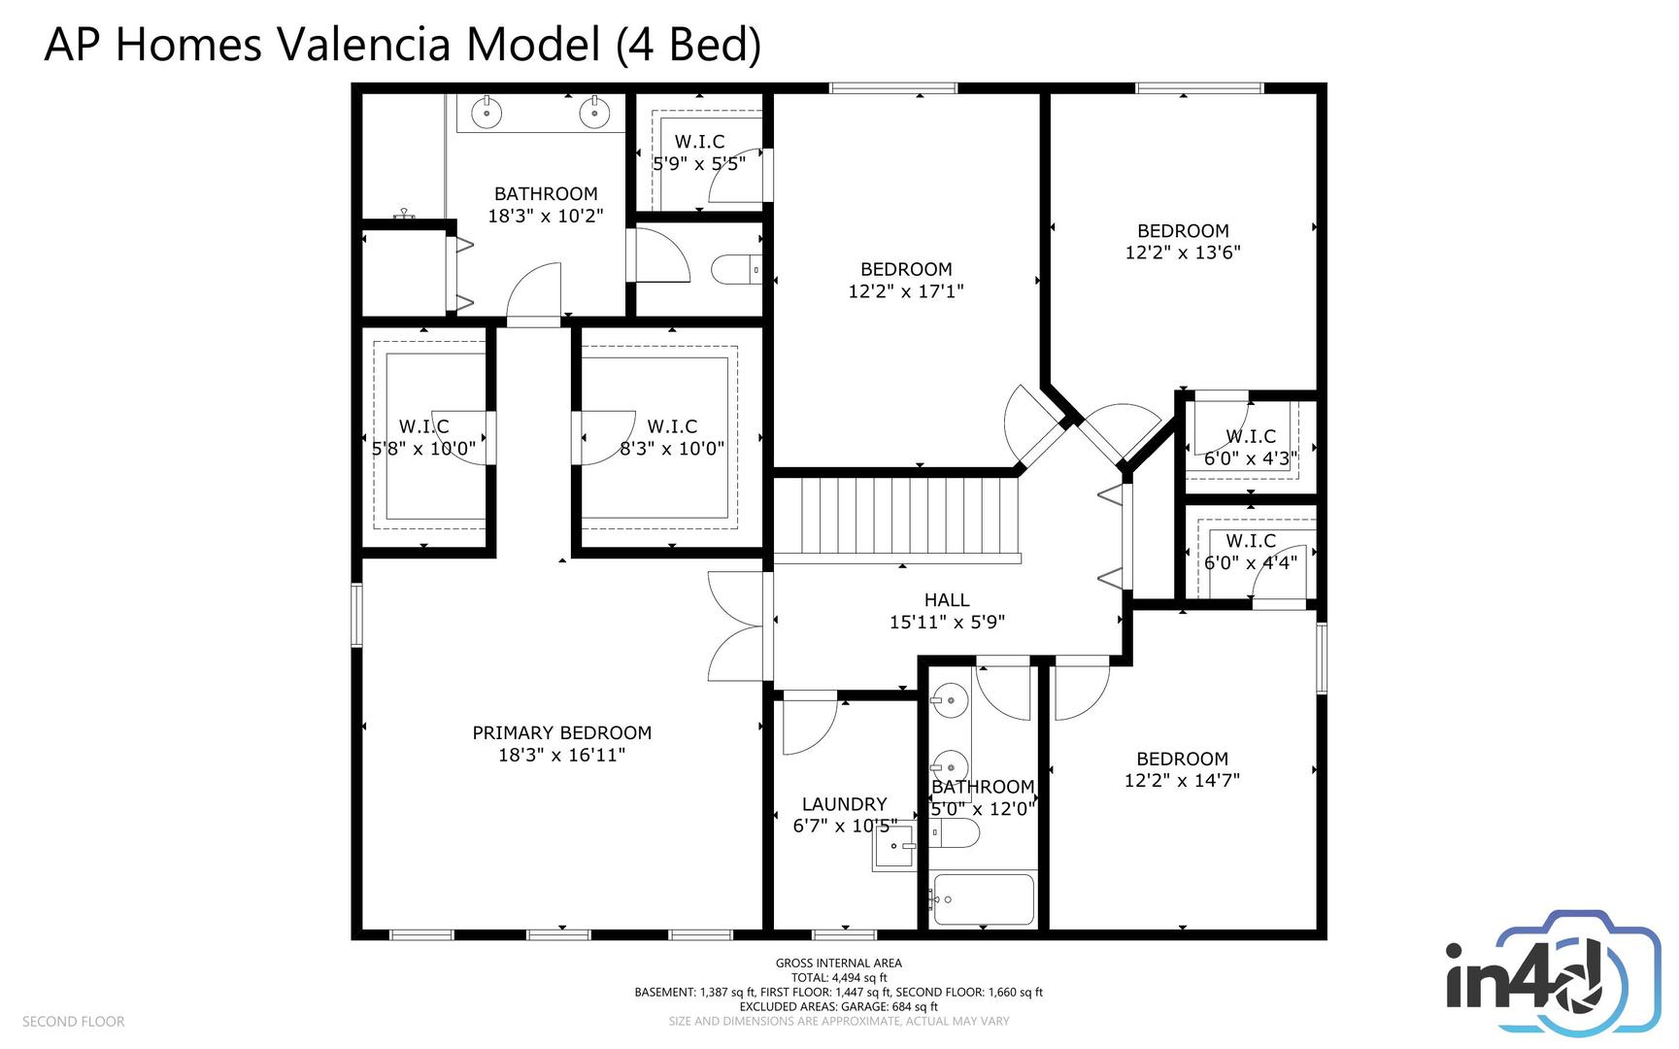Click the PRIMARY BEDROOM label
coord(561,733)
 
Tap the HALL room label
coord(947,600)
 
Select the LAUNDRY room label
coord(844,804)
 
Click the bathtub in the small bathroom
coord(983,899)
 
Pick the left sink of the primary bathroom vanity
coord(486,114)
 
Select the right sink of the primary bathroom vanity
coord(594,114)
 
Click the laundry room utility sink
coord(893,846)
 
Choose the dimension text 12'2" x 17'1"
coord(906,291)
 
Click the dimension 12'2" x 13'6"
coord(1183,253)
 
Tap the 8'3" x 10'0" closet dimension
coord(672,449)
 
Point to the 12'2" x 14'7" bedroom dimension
coord(1183,780)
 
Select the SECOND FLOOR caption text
coord(74,1022)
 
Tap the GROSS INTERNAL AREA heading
coord(839,964)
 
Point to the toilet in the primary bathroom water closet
coord(736,269)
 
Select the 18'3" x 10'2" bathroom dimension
coord(546,216)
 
